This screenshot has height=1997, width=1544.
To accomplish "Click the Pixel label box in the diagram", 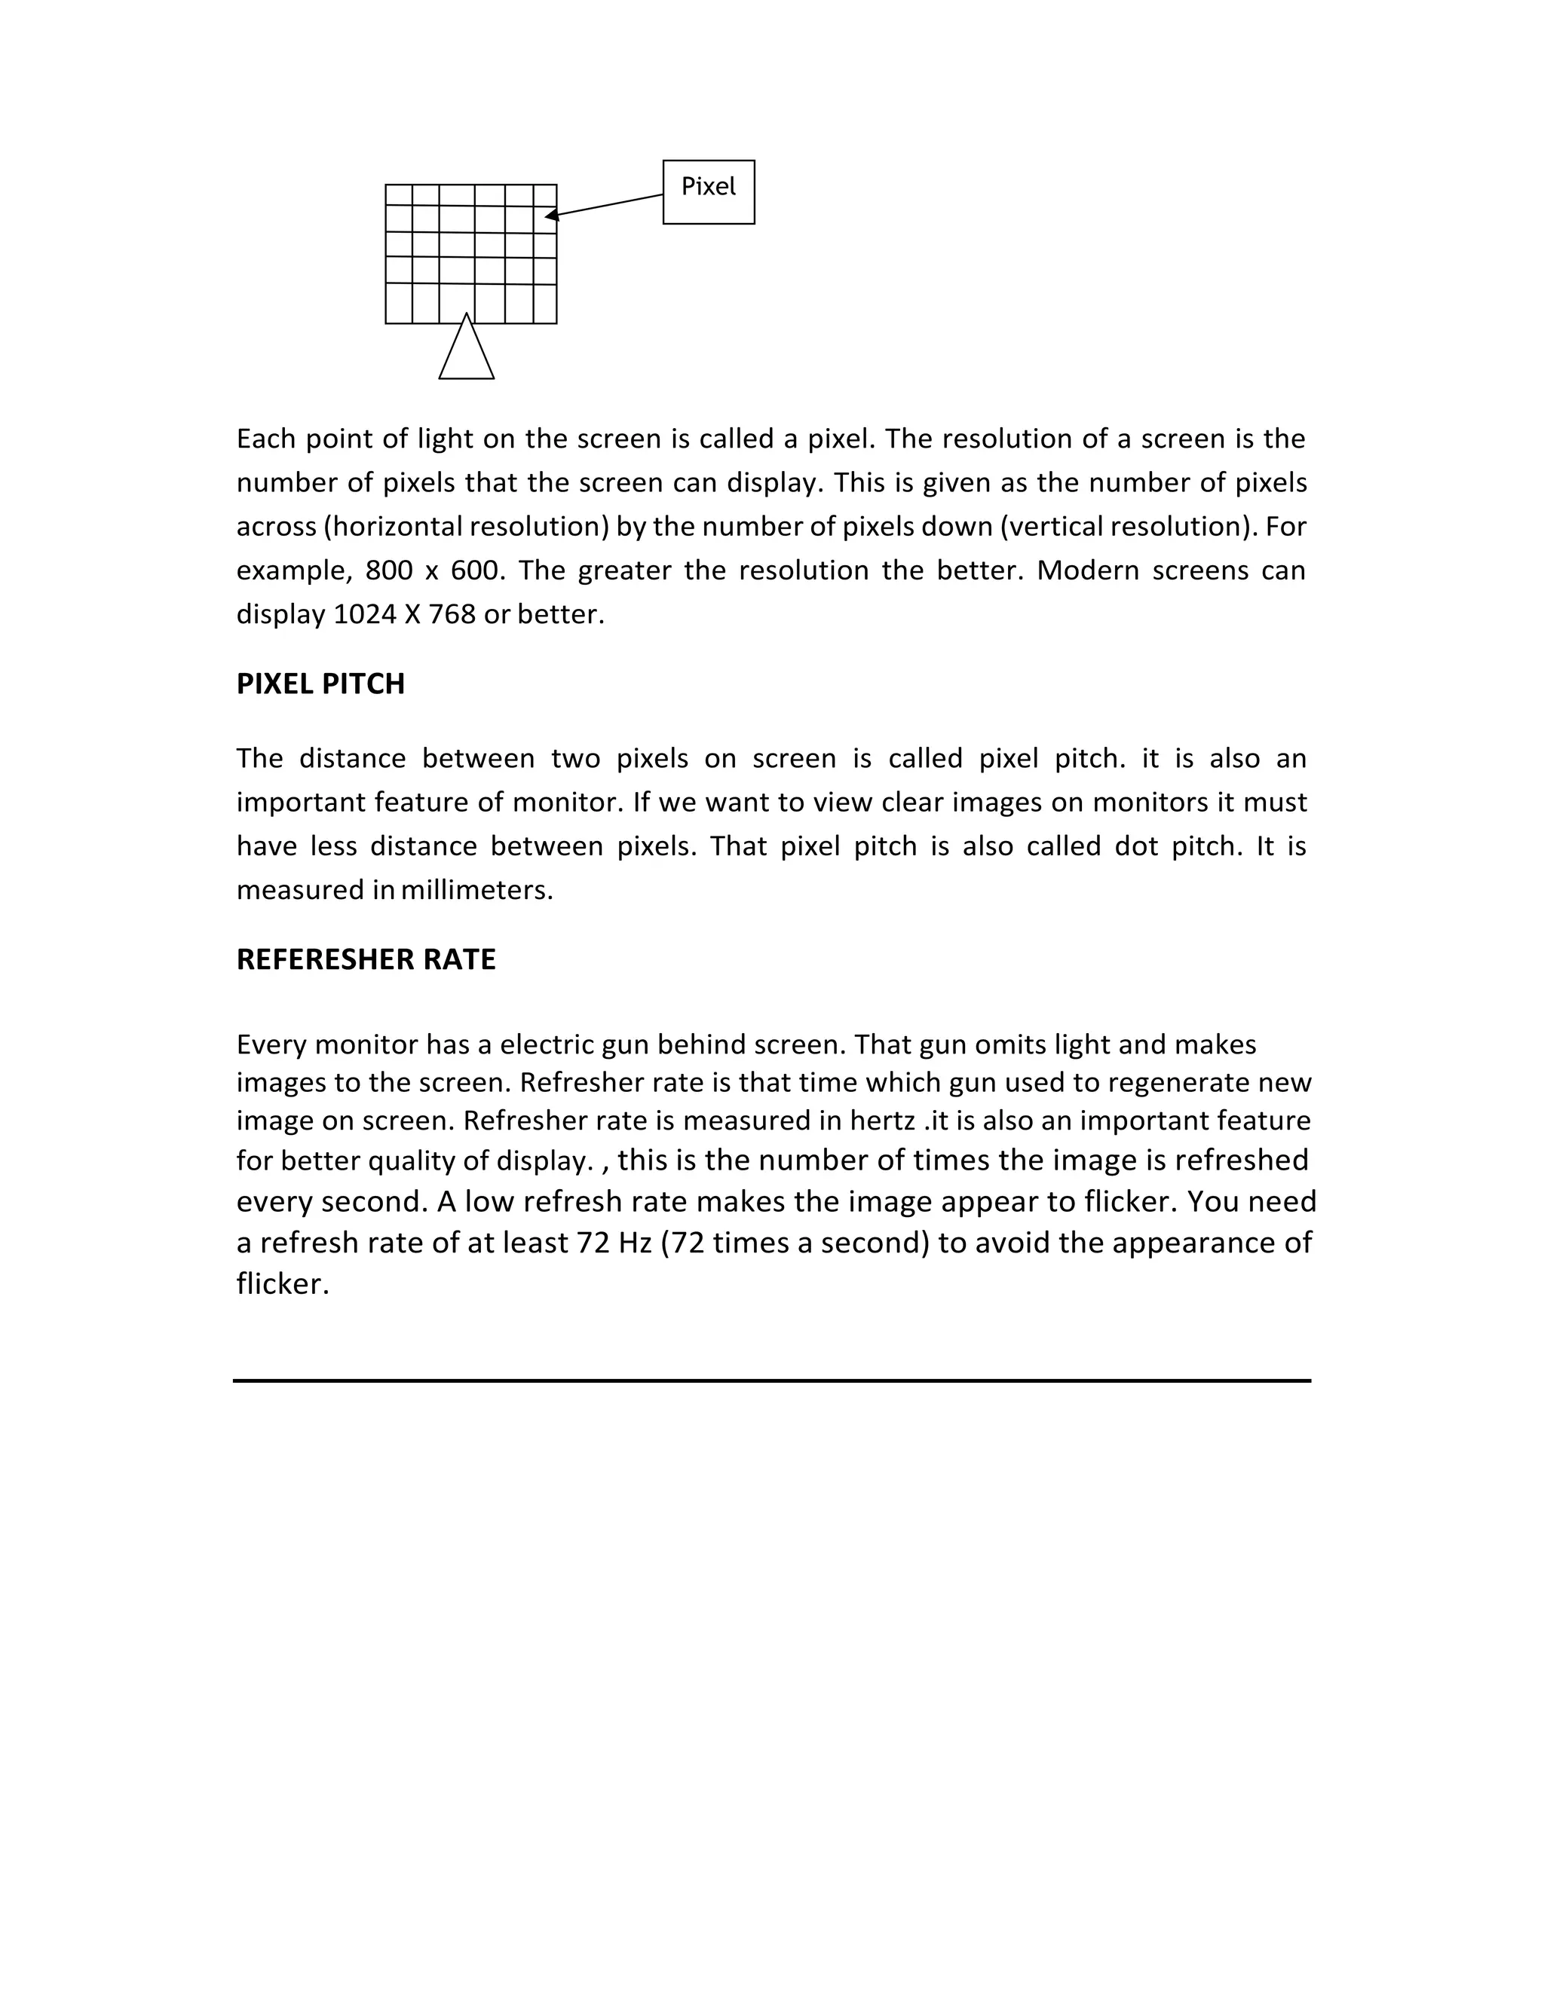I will click(708, 191).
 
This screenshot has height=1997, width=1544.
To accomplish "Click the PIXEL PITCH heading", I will click(320, 684).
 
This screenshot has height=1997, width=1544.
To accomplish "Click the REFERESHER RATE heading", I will click(366, 959).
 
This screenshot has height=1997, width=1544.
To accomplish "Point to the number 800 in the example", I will click(389, 570).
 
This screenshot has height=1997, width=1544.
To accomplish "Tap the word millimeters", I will click(476, 890).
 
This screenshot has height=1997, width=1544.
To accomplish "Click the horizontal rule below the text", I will click(772, 1381).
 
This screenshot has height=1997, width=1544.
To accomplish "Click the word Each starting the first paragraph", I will click(265, 439).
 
